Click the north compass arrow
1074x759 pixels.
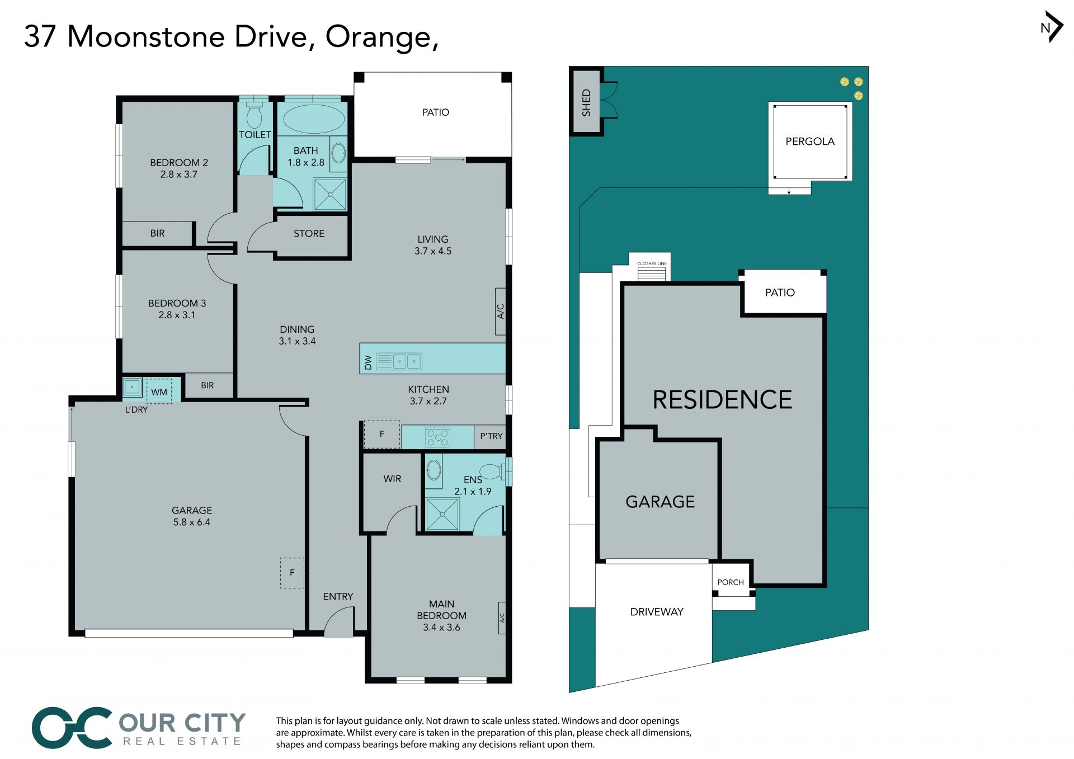click(x=1056, y=27)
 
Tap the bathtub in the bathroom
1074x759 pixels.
click(x=314, y=119)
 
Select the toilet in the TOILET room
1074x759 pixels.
click(x=255, y=114)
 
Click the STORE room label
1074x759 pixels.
click(x=309, y=233)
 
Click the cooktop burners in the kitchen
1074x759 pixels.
click(x=438, y=437)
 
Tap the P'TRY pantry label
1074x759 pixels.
click(x=491, y=436)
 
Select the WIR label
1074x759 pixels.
click(x=392, y=479)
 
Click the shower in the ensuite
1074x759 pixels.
click(x=442, y=514)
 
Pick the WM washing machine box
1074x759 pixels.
click(x=159, y=392)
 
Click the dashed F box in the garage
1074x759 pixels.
click(x=292, y=573)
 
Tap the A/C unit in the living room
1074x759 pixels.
click(x=501, y=312)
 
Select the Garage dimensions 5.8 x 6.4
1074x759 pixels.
click(x=192, y=522)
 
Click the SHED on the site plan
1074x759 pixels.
click(x=586, y=102)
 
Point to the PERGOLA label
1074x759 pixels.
click(x=810, y=142)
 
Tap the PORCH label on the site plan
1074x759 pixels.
click(x=731, y=582)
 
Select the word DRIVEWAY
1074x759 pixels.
click(x=657, y=612)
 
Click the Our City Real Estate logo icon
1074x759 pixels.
click(x=73, y=728)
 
